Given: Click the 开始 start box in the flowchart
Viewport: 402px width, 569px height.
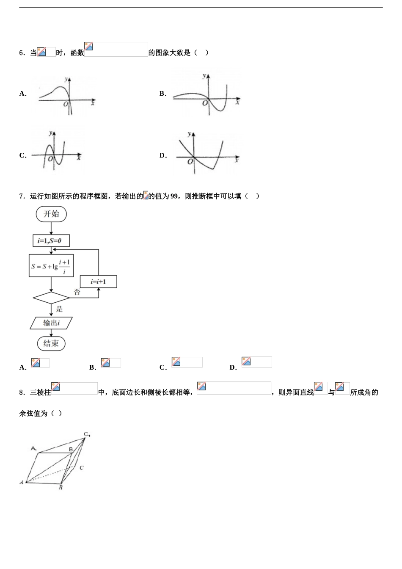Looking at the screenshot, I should tap(51, 214).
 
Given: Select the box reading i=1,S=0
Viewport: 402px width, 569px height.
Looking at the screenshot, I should tap(51, 241).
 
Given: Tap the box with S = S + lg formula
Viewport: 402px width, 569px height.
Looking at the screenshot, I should tap(51, 266).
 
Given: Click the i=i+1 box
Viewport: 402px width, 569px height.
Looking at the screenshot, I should tap(98, 282).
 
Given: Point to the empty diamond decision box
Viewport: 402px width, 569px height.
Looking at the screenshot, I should tap(51, 298).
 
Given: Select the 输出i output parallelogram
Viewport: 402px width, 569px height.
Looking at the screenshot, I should tap(51, 323).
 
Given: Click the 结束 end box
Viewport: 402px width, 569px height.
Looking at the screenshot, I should tap(51, 343).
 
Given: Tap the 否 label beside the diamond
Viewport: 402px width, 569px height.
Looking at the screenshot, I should tap(77, 292).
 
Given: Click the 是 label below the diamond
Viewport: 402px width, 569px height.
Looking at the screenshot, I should tap(60, 309).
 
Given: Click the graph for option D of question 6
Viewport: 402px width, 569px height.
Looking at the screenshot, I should tap(207, 153).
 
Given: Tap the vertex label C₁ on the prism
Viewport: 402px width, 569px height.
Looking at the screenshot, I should tap(87, 434).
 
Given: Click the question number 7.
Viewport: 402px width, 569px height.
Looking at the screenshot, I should tap(22, 196).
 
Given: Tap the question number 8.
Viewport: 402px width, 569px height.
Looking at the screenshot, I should tap(22, 392).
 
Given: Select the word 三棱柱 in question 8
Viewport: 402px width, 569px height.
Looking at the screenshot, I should tap(41, 392).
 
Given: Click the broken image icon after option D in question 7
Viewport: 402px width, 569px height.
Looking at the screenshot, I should tap(246, 361).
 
